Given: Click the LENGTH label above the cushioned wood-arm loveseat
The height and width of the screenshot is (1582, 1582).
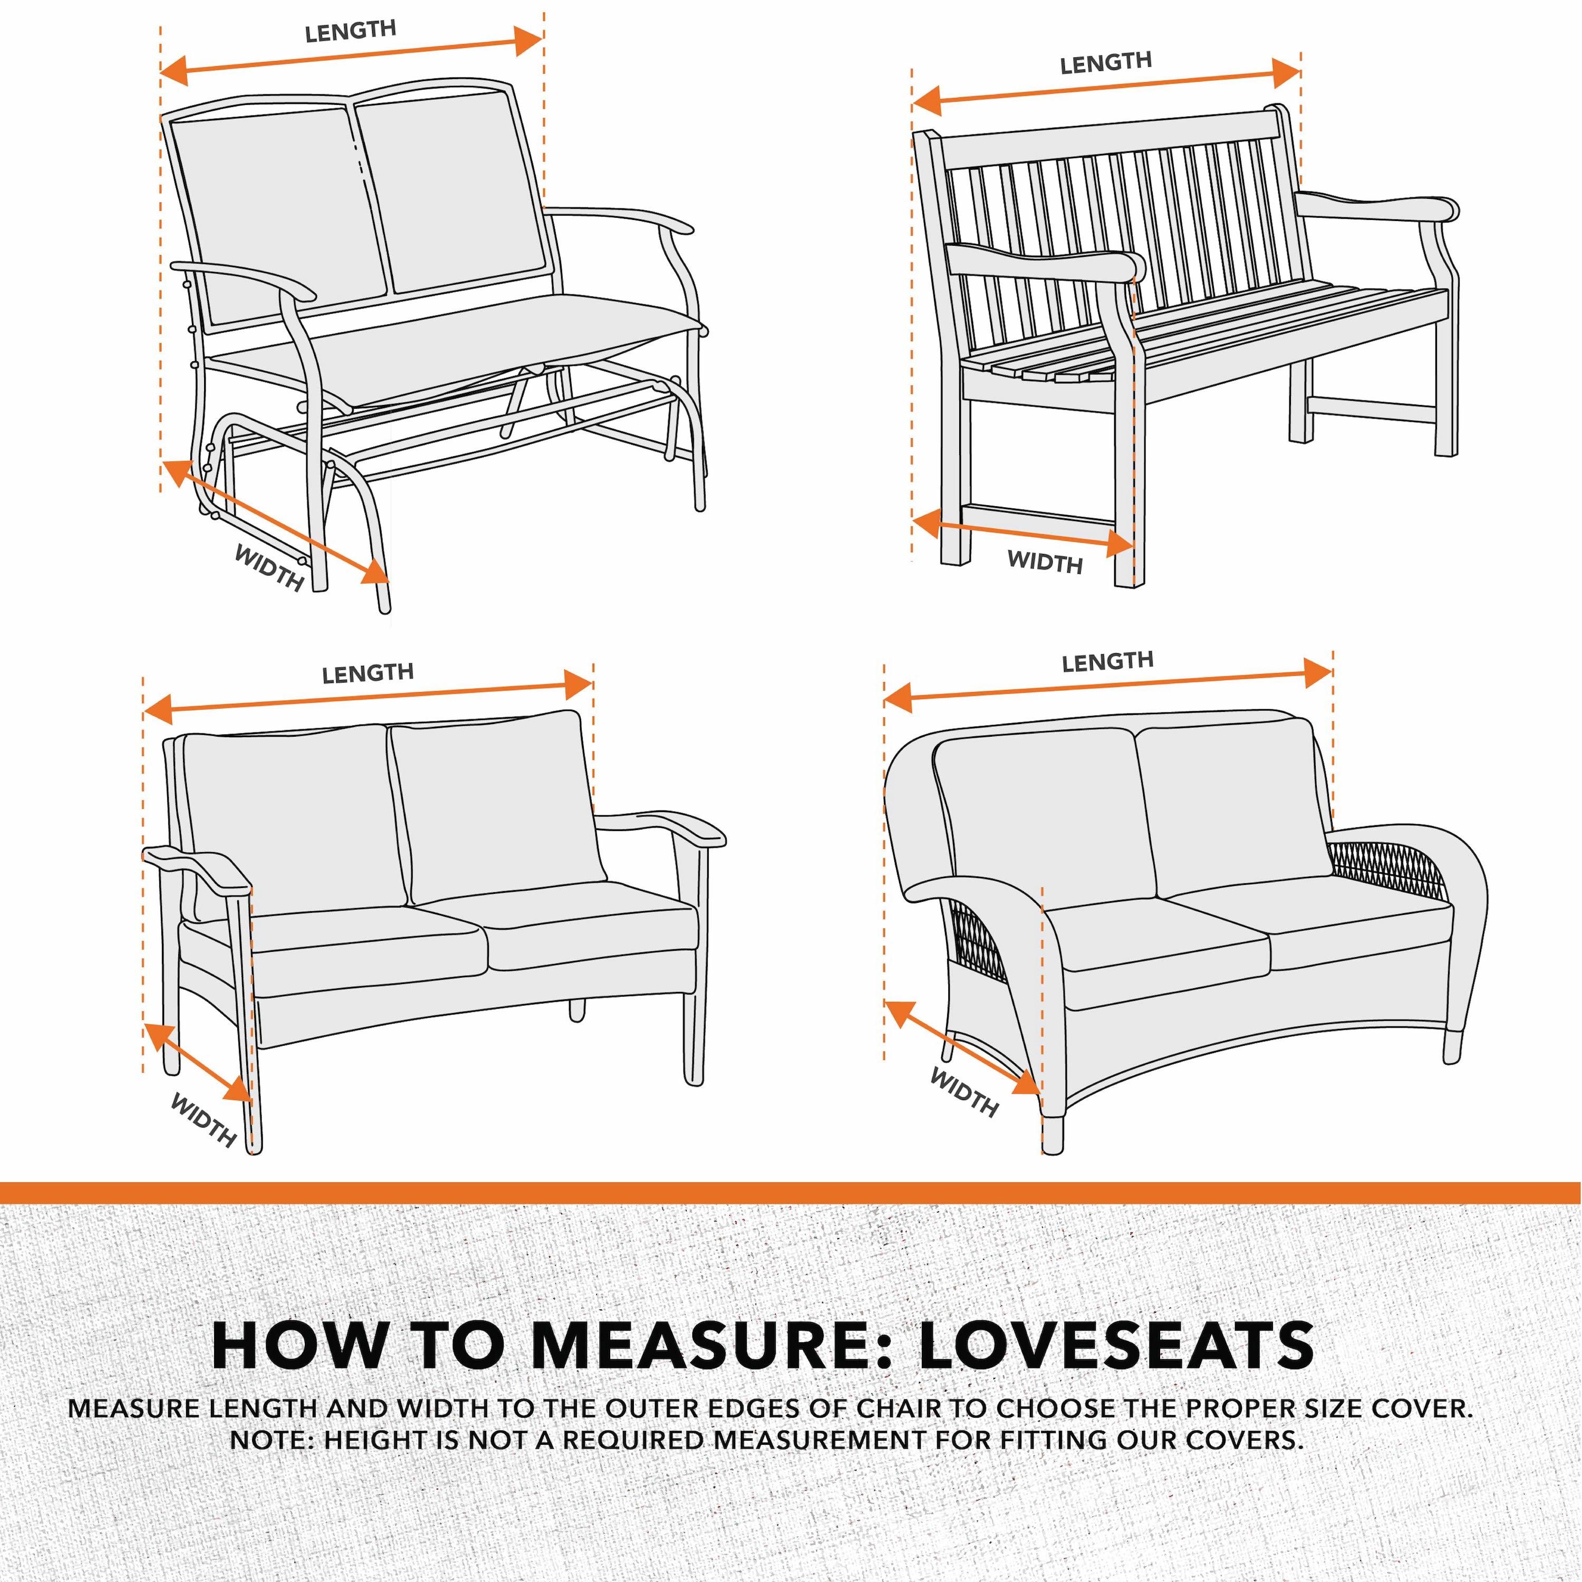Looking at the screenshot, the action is pos(368,673).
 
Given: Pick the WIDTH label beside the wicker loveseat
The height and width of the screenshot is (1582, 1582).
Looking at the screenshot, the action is pos(964,1092).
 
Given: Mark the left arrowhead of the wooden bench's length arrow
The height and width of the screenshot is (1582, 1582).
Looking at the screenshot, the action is pos(926,102).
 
